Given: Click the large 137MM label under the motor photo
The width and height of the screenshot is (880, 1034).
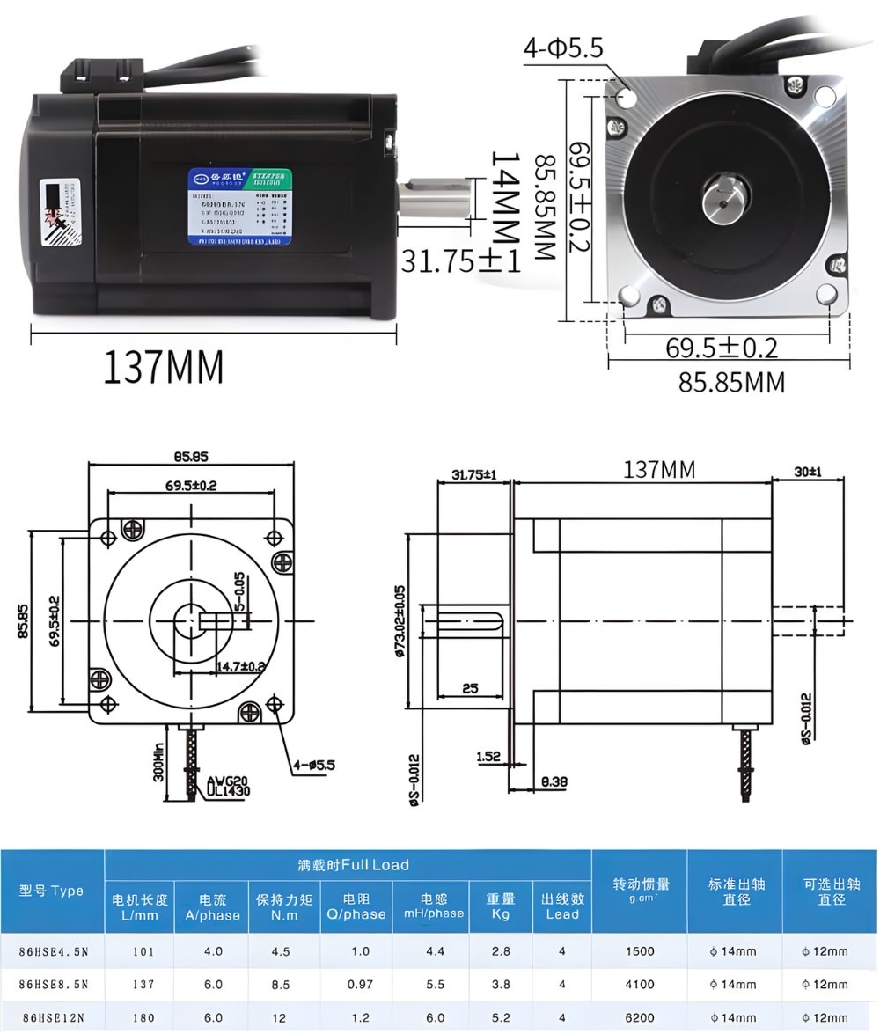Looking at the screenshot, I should pos(164,367).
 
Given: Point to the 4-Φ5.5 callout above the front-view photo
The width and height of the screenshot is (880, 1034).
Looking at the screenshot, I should pos(563,48).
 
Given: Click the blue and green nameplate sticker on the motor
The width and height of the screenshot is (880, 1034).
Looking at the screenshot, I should pos(238,207).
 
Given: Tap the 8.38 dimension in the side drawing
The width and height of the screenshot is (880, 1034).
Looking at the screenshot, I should pos(554,781).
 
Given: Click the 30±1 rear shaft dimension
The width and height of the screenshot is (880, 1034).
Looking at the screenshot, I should pos(807,472).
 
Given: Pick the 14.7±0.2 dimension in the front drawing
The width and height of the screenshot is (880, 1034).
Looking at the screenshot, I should pos(240,666).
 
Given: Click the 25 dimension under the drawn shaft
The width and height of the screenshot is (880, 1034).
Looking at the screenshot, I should pos(470,688).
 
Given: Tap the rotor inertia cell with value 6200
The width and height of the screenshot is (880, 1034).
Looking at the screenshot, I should pos(639,1017).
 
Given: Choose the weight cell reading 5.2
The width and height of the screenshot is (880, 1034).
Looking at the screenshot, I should pos(500,1017).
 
